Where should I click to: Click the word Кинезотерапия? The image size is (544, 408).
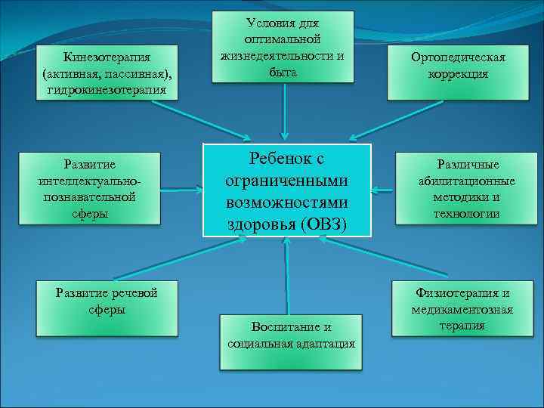(107, 57)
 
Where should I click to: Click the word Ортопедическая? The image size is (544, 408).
(458, 57)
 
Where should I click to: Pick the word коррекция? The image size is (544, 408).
(458, 74)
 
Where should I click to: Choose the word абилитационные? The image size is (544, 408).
(466, 181)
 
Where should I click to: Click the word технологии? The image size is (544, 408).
(466, 214)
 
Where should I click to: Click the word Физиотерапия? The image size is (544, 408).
(462, 293)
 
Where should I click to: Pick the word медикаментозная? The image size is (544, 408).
(462, 310)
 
